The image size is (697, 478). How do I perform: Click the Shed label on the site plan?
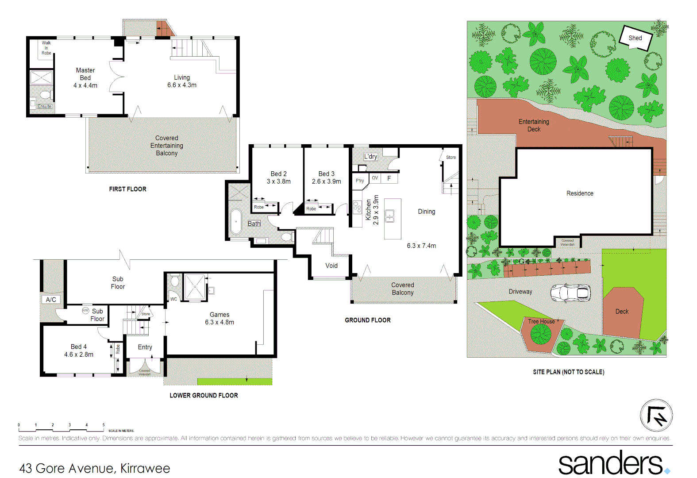635,38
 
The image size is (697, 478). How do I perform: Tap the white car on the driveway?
570,293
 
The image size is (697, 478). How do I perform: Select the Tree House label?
541,321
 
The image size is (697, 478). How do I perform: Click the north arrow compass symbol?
656,416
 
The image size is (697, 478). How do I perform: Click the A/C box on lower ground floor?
51,300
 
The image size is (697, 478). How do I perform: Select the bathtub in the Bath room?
236,221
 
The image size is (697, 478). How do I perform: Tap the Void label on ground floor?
331,266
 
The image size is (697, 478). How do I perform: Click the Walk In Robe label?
46,48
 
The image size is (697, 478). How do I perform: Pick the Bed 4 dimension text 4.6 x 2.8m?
79,355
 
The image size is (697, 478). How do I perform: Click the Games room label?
219,314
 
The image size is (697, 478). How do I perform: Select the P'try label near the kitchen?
360,181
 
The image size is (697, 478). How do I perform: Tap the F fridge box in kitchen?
389,178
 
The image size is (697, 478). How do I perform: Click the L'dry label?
371,157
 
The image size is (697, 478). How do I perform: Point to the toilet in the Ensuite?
45,95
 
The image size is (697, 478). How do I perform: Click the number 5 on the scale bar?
104,425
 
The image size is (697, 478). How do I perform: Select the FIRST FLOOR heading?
127,189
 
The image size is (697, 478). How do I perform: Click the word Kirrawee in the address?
145,468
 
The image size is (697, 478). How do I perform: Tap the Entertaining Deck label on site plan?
534,125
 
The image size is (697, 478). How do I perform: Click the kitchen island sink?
389,216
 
